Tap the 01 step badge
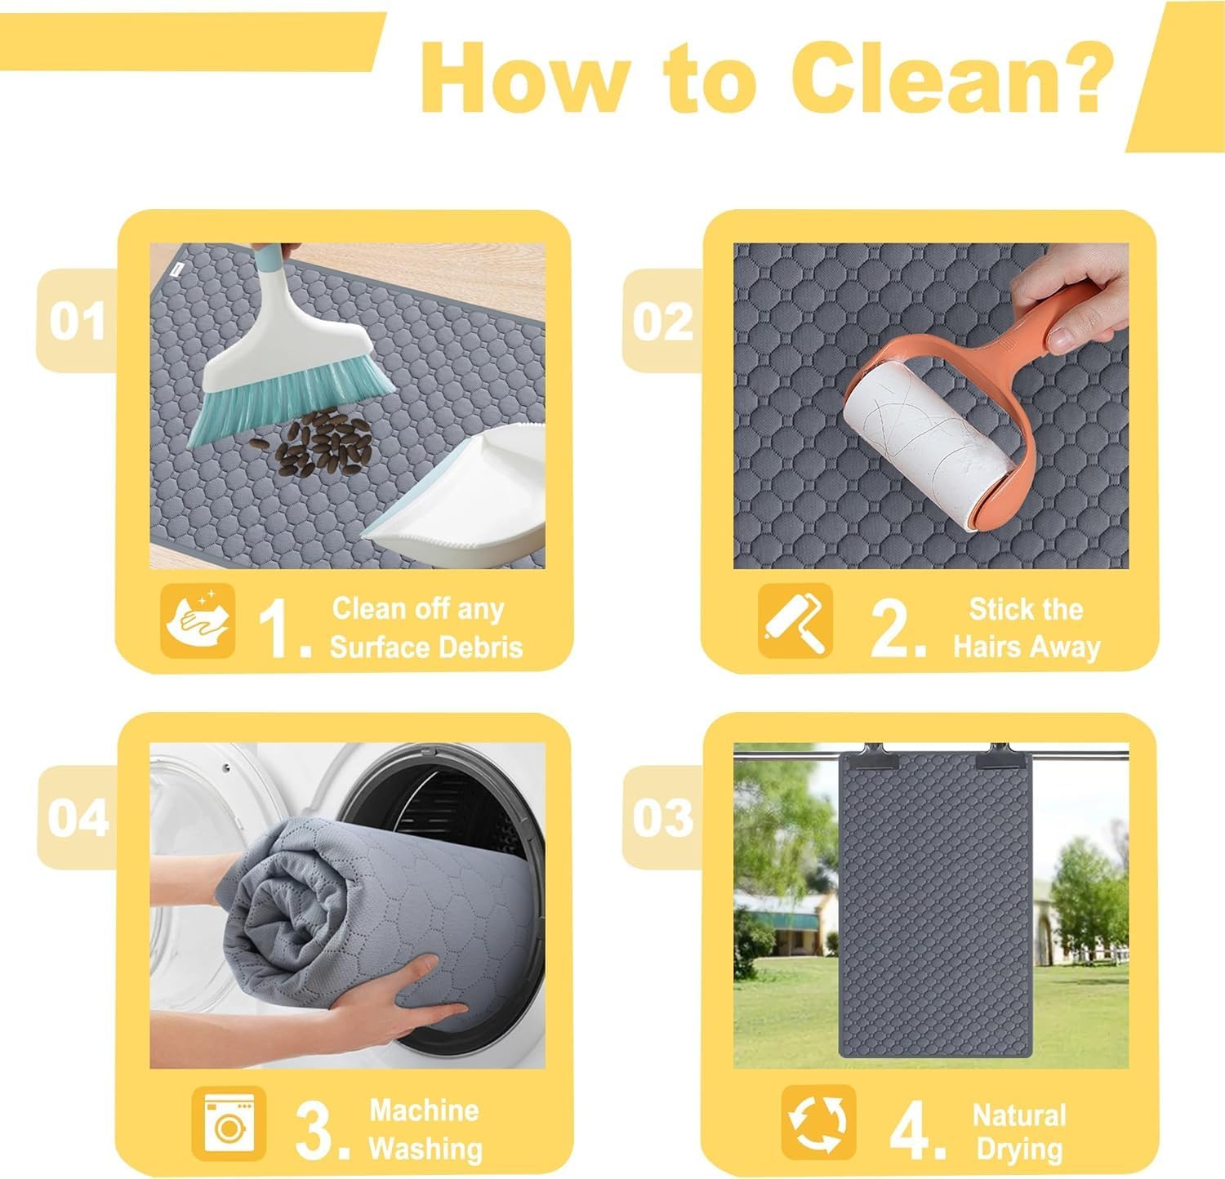click(x=78, y=320)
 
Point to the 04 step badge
click(x=78, y=817)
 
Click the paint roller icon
click(x=795, y=621)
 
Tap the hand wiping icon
click(x=198, y=621)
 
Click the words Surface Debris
click(x=426, y=647)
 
